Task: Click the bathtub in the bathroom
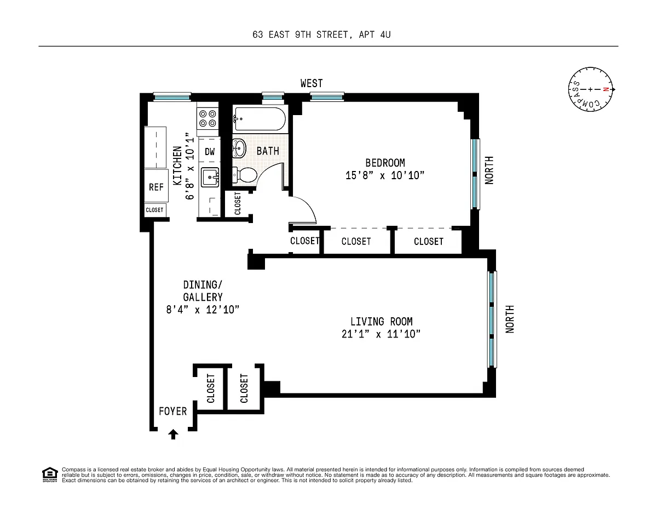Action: click(259, 119)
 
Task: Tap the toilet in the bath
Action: click(245, 175)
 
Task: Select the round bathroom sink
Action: click(239, 149)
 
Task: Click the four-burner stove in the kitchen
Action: click(208, 119)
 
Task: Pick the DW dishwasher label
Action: click(210, 152)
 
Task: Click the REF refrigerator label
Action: click(156, 187)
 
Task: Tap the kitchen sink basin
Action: click(210, 178)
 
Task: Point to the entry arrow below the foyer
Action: click(173, 434)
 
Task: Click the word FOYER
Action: click(173, 411)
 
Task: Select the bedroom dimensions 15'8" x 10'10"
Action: click(385, 175)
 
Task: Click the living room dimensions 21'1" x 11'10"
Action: click(381, 334)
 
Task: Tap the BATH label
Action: click(268, 151)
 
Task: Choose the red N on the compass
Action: click(606, 89)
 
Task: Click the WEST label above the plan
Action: click(312, 83)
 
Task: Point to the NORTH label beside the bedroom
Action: click(489, 170)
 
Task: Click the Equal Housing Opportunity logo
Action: click(50, 475)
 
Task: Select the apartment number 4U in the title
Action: click(385, 35)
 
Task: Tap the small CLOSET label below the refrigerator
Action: click(154, 210)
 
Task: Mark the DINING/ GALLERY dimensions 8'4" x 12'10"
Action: click(203, 310)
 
